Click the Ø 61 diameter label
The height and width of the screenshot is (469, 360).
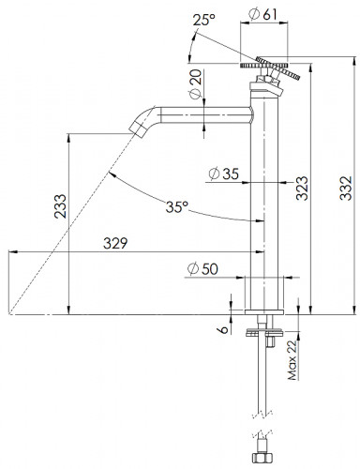click(x=262, y=14)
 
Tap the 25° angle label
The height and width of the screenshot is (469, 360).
click(x=203, y=20)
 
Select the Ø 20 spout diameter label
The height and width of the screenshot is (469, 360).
click(x=195, y=84)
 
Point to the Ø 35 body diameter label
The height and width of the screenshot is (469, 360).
click(x=224, y=174)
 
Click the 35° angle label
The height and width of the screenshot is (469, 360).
click(x=177, y=206)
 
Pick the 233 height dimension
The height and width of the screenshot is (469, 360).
click(x=60, y=206)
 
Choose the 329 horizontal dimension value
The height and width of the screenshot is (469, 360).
click(x=115, y=243)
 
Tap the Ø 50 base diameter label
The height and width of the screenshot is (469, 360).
click(x=202, y=269)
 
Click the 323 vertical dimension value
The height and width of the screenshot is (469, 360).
click(x=302, y=188)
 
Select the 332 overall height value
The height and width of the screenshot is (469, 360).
click(x=346, y=188)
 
